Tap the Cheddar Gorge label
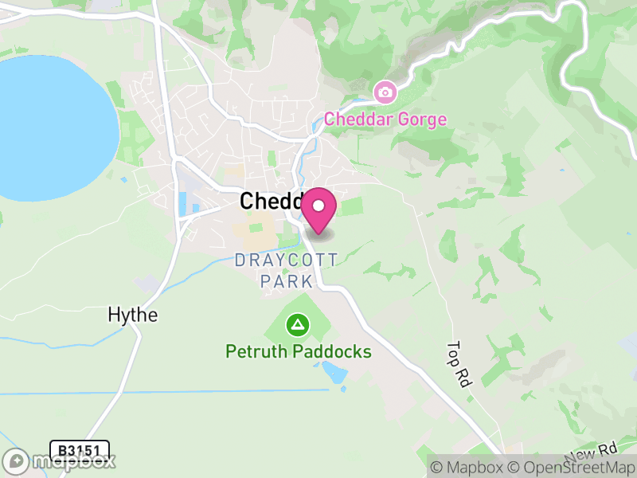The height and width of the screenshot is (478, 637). pos(385,119)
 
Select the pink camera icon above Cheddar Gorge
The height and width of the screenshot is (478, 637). pos(385,92)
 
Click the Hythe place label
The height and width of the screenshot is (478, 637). pos(133,315)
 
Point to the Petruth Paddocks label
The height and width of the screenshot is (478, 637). pos(299,351)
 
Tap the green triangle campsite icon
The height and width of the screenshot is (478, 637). pos(299,324)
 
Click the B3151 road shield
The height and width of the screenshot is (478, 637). pos(79,450)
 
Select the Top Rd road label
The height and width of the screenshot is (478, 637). pos(457,365)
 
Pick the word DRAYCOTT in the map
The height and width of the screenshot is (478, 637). pos(287,261)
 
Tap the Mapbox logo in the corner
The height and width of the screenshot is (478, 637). pos(61,460)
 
